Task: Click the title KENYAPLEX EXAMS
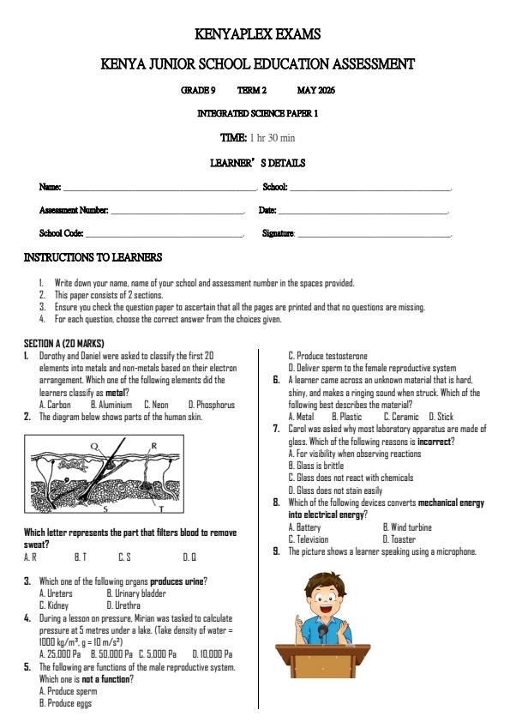[x=257, y=35]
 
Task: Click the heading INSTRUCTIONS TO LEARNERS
[x=93, y=257]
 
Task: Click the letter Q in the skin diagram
[x=93, y=446]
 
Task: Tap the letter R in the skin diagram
[x=153, y=446]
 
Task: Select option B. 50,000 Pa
[x=111, y=653]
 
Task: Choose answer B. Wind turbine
[x=407, y=527]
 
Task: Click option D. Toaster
[x=399, y=539]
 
